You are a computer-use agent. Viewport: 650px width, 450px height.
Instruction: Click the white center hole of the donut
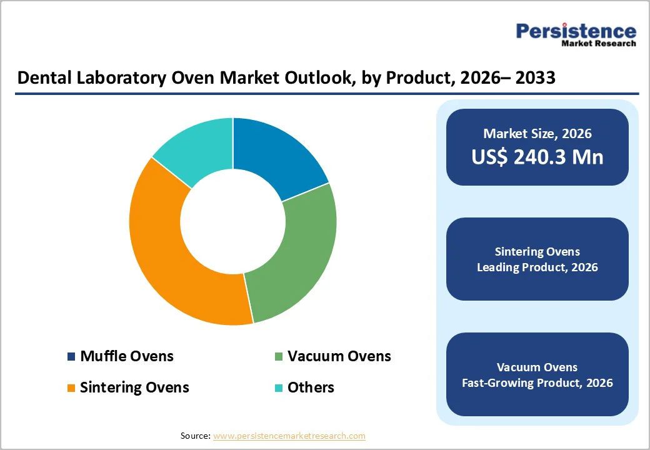pos(232,221)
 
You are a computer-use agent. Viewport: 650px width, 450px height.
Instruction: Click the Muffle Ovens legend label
pos(127,356)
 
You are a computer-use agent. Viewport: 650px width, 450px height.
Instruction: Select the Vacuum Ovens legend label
pos(339,356)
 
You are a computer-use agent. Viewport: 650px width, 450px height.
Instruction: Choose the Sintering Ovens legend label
pos(134,387)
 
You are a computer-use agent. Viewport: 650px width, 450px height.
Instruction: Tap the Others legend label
pos(311,387)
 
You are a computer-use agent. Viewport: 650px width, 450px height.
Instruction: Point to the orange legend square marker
pos(71,388)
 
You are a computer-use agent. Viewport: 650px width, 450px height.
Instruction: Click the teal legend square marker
pos(279,388)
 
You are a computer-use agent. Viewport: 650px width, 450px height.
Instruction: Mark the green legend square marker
pos(279,357)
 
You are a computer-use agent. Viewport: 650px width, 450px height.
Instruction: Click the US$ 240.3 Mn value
pos(537,157)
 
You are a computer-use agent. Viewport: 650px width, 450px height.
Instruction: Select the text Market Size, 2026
pos(537,134)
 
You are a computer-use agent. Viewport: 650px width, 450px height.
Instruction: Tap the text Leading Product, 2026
pos(537,267)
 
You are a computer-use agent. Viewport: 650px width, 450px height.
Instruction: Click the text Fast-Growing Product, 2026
pos(537,382)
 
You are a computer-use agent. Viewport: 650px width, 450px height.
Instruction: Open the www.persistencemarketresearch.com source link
pos(289,436)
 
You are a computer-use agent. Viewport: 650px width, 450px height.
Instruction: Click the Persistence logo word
pos(576,31)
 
